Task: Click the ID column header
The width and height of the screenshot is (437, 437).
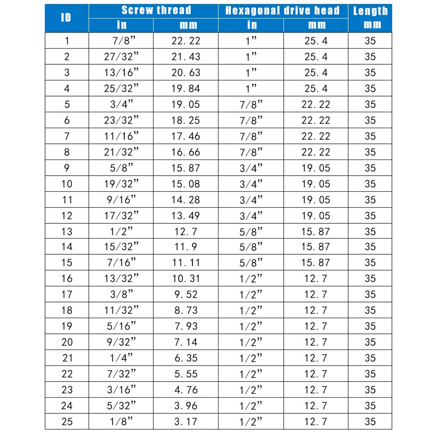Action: pos(66,17)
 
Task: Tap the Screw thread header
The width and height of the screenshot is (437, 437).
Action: pos(156,10)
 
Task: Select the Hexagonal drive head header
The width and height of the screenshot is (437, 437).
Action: pos(282,10)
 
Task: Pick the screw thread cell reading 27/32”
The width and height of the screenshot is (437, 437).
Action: pos(121,57)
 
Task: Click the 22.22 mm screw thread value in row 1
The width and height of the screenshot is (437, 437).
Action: pos(186,41)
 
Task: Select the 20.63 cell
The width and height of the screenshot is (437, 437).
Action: pos(186,73)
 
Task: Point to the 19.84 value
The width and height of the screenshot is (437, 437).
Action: pos(186,89)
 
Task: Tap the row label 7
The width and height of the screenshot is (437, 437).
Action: pos(67,136)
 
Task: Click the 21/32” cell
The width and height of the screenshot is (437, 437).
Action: pos(121,152)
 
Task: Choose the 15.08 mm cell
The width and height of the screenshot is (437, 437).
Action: pos(186,184)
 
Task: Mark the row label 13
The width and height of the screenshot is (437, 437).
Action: pos(67,231)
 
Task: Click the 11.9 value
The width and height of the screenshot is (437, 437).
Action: pos(186,247)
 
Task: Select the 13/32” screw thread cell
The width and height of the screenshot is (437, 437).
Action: pos(121,279)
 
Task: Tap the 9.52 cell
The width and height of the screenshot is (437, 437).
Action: pos(186,295)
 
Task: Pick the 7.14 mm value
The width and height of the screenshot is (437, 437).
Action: pos(186,342)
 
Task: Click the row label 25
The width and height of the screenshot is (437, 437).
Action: pos(67,422)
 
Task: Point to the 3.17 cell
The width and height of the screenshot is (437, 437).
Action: pos(186,422)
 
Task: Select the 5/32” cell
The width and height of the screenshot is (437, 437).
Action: pos(121,406)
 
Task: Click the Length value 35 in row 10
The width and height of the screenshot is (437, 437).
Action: pos(370,184)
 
